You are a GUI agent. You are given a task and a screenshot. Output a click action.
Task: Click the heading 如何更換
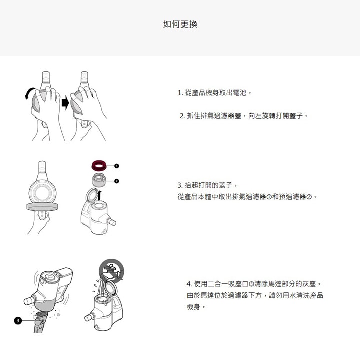pyautogui.click(x=180, y=24)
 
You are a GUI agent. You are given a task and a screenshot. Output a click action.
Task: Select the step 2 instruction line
pyautogui.click(x=244, y=116)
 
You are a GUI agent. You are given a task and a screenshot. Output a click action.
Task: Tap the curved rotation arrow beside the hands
pyautogui.click(x=30, y=93)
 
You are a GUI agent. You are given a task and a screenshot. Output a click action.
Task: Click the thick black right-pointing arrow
pyautogui.click(x=65, y=103)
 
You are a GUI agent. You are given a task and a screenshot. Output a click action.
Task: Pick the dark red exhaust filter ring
pyautogui.click(x=99, y=166)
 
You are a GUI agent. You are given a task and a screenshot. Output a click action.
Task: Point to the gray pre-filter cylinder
pyautogui.click(x=99, y=180)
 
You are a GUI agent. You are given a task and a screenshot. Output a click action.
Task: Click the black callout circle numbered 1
pyautogui.click(x=116, y=166)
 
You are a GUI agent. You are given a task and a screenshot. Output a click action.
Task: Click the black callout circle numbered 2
pyautogui.click(x=116, y=181)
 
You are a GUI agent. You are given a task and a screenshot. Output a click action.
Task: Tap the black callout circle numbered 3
pyautogui.click(x=18, y=320)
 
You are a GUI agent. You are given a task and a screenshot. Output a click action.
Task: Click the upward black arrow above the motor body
pyautogui.click(x=99, y=196)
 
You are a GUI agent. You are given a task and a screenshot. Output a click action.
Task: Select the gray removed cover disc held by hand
pyautogui.click(x=42, y=207)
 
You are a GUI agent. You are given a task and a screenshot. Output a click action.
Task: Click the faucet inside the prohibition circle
pyautogui.click(x=112, y=271)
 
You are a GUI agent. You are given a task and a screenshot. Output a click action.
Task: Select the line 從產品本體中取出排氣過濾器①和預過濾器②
pyautogui.click(x=247, y=197)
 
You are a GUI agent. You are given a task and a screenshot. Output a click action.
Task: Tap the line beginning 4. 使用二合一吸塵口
pyautogui.click(x=254, y=284)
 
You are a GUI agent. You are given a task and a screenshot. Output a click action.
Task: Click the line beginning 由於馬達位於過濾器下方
pyautogui.click(x=255, y=295)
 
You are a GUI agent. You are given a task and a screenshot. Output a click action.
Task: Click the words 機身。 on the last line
pyautogui.click(x=196, y=307)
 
